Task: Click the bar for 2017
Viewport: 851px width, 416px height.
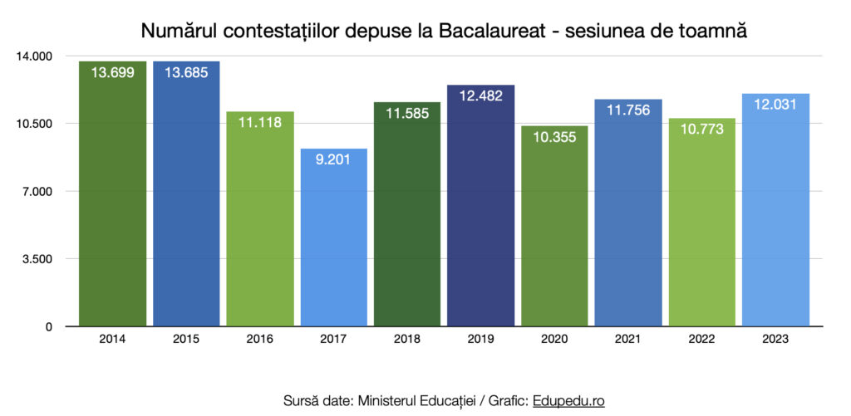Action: click(333, 241)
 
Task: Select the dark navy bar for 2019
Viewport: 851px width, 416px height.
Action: click(481, 208)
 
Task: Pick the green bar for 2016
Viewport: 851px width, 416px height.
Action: click(260, 220)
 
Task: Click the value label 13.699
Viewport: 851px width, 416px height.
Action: click(112, 72)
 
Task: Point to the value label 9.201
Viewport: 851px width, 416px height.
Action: click(333, 159)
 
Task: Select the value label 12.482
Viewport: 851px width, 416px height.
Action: click(481, 95)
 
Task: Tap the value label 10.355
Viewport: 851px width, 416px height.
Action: click(554, 137)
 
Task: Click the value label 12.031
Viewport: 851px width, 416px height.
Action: click(775, 105)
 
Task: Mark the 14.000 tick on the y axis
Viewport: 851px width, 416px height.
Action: click(35, 56)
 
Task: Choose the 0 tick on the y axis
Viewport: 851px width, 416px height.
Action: click(49, 327)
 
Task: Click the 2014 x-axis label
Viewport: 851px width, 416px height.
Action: click(112, 340)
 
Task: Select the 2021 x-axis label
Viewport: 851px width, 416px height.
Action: click(628, 340)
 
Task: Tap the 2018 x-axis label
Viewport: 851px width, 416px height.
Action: click(407, 340)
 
